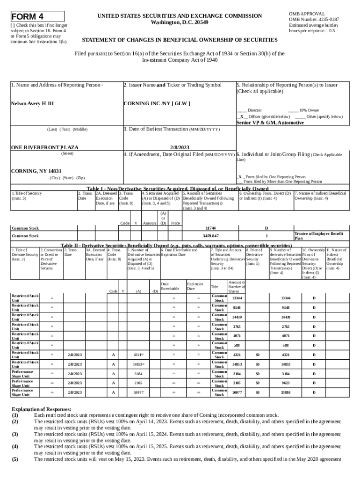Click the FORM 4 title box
tap(38, 17)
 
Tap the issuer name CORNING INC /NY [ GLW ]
tap(156, 102)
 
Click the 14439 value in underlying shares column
tap(237, 317)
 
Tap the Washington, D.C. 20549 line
tap(180, 22)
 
